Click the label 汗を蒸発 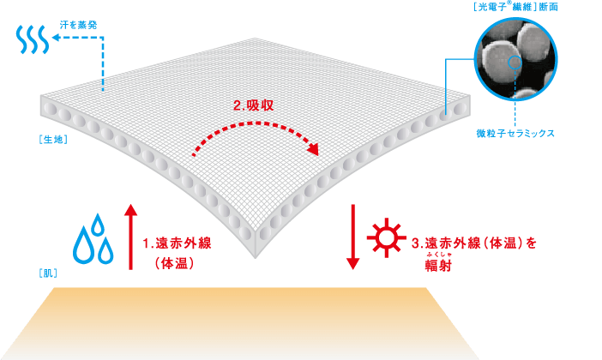(x=78, y=26)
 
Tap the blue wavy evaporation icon (x=33, y=39)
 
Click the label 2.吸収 (x=253, y=105)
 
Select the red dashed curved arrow (x=256, y=124)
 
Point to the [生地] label (x=53, y=140)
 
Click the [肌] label (x=48, y=273)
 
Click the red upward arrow (x=131, y=237)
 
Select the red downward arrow (x=352, y=237)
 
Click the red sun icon (x=386, y=238)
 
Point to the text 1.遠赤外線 (x=177, y=243)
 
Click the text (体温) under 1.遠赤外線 (x=174, y=264)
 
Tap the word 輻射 (x=438, y=265)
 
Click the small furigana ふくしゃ (x=438, y=255)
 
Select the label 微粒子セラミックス (x=515, y=133)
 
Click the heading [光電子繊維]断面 (x=515, y=7)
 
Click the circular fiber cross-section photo (x=515, y=59)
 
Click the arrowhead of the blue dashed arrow (x=56, y=37)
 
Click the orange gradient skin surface (x=246, y=323)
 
